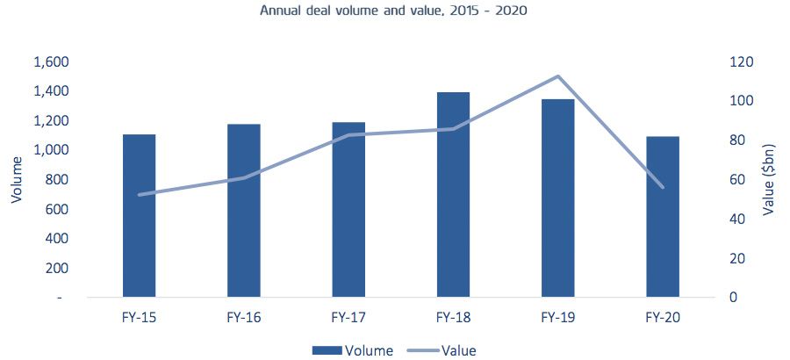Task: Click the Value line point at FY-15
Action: tap(139, 194)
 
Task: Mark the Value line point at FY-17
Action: tap(348, 135)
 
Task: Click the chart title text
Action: tap(394, 12)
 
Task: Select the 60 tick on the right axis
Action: tap(732, 180)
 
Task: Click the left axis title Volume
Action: tap(16, 180)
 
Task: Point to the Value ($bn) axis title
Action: tap(769, 179)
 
